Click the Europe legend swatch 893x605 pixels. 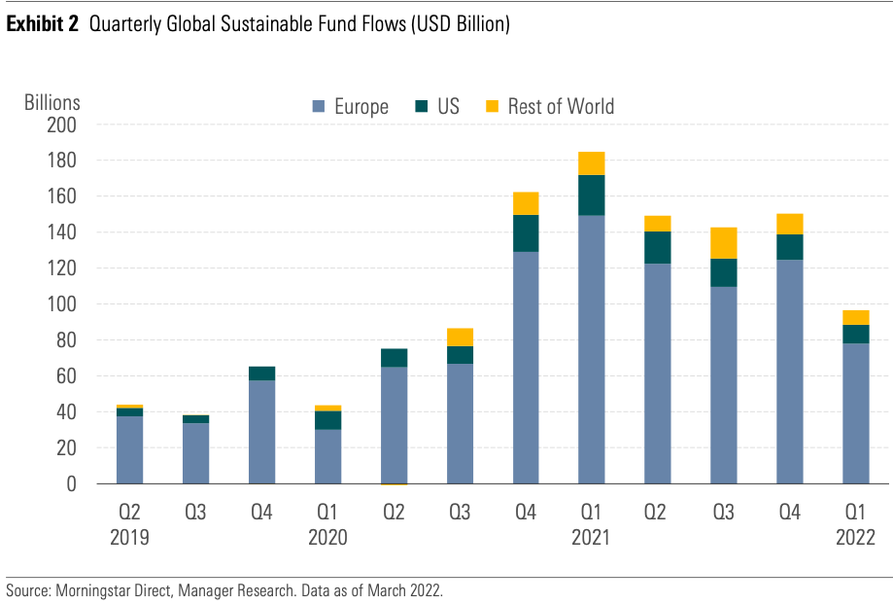click(319, 106)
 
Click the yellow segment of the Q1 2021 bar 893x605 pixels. click(592, 163)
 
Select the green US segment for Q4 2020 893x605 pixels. click(526, 233)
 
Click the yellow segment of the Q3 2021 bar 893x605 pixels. click(724, 243)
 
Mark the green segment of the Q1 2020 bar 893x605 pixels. click(327, 420)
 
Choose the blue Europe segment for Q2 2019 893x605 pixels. click(129, 449)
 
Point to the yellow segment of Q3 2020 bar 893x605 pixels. click(460, 338)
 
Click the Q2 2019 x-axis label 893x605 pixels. click(129, 523)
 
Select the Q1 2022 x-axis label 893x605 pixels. click(856, 523)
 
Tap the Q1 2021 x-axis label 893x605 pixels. click(592, 523)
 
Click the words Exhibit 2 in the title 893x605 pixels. click(43, 25)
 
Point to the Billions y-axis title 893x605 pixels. click(52, 102)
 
